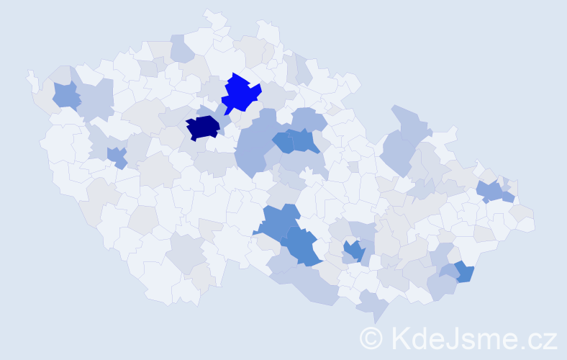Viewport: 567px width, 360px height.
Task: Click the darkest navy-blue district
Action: (x=202, y=128)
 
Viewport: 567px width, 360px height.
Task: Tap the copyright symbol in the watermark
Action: (x=371, y=337)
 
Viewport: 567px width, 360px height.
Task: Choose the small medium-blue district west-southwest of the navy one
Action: (x=117, y=156)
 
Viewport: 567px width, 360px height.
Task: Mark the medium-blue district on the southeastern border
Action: (x=465, y=271)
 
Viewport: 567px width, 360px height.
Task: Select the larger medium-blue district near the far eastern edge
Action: (x=491, y=191)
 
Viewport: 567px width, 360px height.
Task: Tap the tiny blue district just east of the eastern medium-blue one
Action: (x=509, y=197)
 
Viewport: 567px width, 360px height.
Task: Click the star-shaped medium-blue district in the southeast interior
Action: (x=353, y=251)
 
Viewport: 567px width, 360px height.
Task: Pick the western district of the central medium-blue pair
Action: (x=283, y=142)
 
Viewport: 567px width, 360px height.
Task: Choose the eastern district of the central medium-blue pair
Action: (x=305, y=141)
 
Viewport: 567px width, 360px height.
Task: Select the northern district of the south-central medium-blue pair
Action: (x=277, y=221)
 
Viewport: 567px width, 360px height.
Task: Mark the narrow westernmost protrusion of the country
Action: (x=31, y=78)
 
